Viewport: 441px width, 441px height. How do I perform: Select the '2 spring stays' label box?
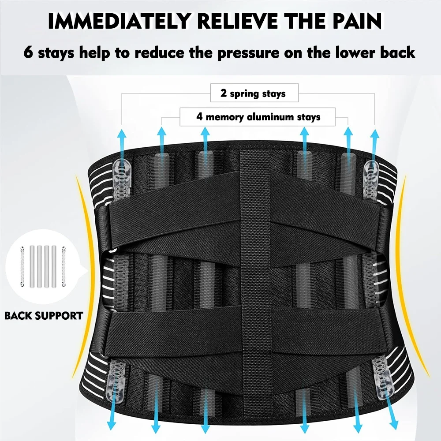pyautogui.click(x=253, y=93)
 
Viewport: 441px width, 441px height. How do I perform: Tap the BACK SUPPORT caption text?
pyautogui.click(x=44, y=316)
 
